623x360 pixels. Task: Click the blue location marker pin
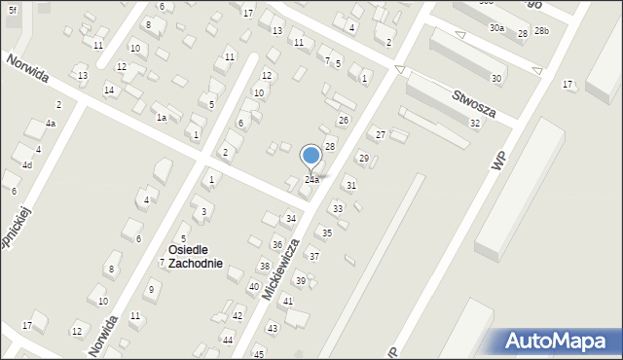[311, 156]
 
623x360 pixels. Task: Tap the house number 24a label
[311, 180]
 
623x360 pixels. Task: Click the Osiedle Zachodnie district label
[195, 256]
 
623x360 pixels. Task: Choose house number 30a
[496, 28]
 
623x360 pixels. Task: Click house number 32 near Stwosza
[474, 124]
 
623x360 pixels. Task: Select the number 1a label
[162, 118]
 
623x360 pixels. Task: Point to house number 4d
[27, 165]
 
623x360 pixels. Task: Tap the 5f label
[13, 10]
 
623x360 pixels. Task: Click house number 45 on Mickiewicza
[258, 354]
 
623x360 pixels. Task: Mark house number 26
[343, 120]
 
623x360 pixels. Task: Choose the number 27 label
[381, 134]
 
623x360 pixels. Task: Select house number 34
[290, 219]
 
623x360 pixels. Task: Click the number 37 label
[313, 256]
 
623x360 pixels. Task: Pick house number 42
[238, 316]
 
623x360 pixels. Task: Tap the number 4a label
[50, 124]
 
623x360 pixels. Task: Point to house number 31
[350, 185]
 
